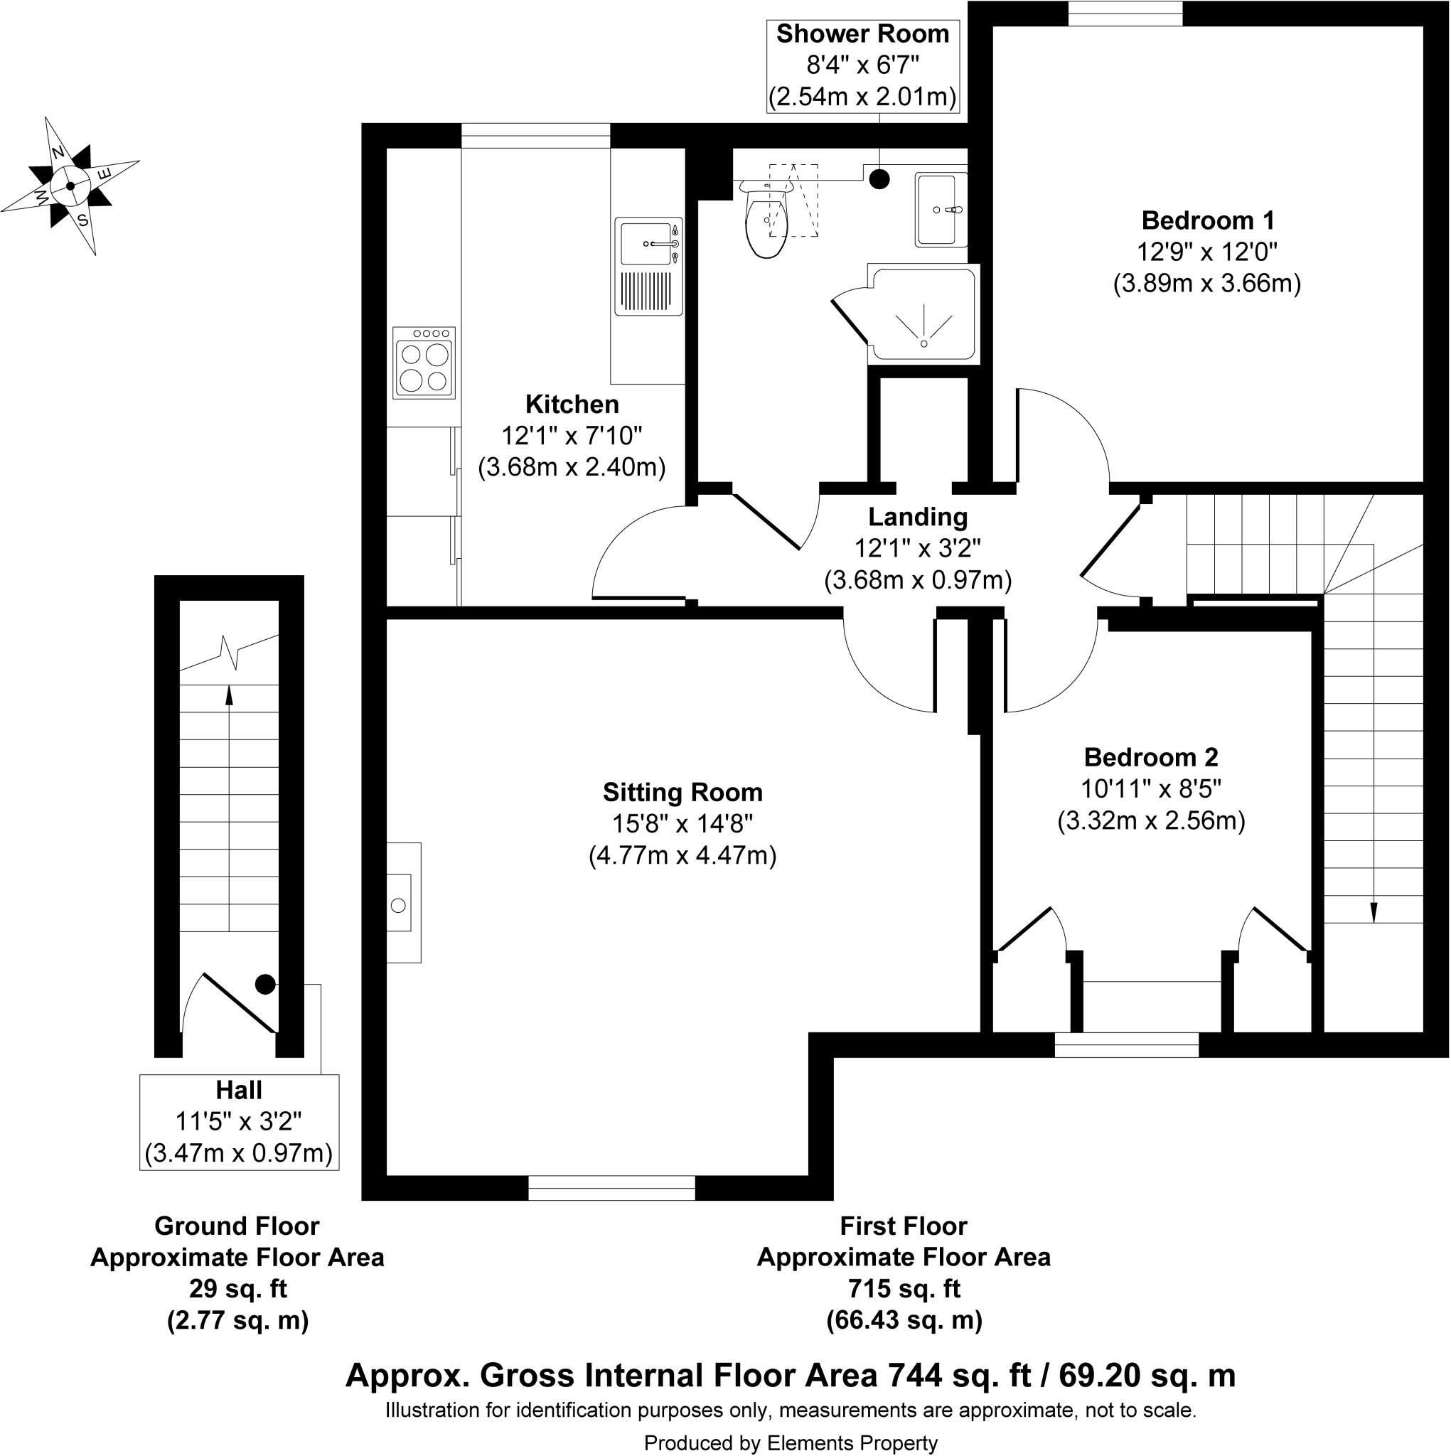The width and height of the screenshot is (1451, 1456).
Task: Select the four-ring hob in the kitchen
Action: (424, 363)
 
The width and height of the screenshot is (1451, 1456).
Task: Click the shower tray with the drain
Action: (923, 315)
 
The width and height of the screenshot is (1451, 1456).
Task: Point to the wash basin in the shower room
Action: (940, 210)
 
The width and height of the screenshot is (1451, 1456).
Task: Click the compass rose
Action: (70, 186)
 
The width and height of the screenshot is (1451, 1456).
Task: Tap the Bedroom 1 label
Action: (1208, 221)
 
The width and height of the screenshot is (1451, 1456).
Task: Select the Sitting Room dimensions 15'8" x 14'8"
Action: (682, 825)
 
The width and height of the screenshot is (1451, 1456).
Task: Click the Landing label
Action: (917, 517)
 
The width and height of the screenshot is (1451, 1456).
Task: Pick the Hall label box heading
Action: (239, 1091)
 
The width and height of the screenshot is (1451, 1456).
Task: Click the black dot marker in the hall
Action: (264, 984)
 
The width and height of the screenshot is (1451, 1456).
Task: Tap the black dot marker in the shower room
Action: (879, 179)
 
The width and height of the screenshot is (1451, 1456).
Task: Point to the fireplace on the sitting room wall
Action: (404, 903)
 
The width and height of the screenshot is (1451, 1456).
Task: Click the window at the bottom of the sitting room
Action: (611, 1189)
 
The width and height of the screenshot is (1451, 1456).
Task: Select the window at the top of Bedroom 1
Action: (1125, 13)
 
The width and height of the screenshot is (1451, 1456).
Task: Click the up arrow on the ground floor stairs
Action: (229, 694)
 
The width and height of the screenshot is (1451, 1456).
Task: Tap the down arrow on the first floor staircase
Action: (1373, 913)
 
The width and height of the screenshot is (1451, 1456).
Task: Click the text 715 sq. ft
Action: (904, 1290)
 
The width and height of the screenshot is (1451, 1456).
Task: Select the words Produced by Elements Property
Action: (791, 1442)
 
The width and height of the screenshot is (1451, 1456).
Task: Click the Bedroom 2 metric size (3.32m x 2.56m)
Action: (1151, 820)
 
